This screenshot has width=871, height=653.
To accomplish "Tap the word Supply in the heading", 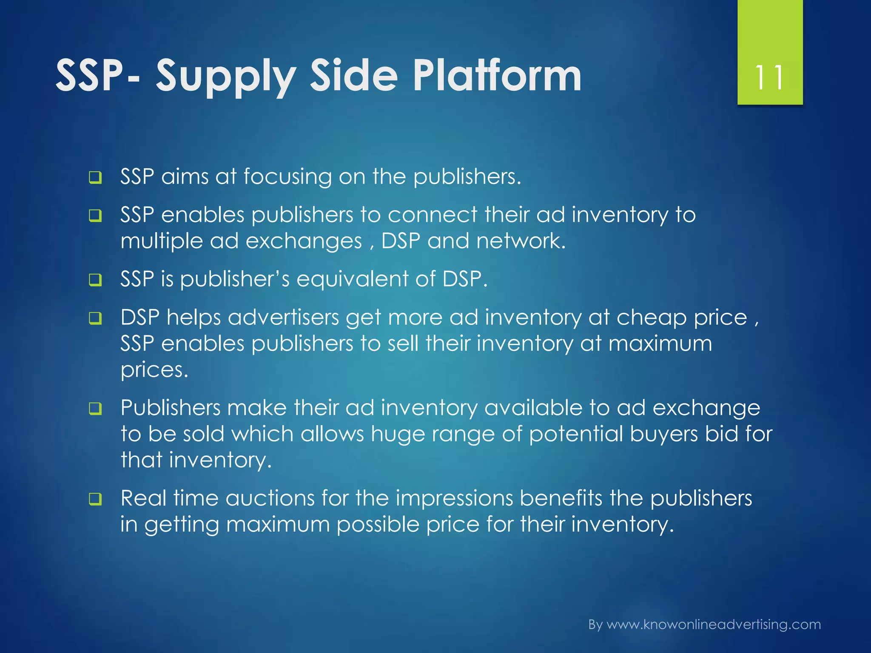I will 226,77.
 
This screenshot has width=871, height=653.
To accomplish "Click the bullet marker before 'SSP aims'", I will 95,177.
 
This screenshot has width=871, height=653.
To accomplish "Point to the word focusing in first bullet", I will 287,176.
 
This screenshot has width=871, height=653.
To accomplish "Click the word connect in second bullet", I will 432,215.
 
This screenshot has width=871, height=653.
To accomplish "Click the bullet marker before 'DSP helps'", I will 95,318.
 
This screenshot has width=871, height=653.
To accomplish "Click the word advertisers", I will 283,318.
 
